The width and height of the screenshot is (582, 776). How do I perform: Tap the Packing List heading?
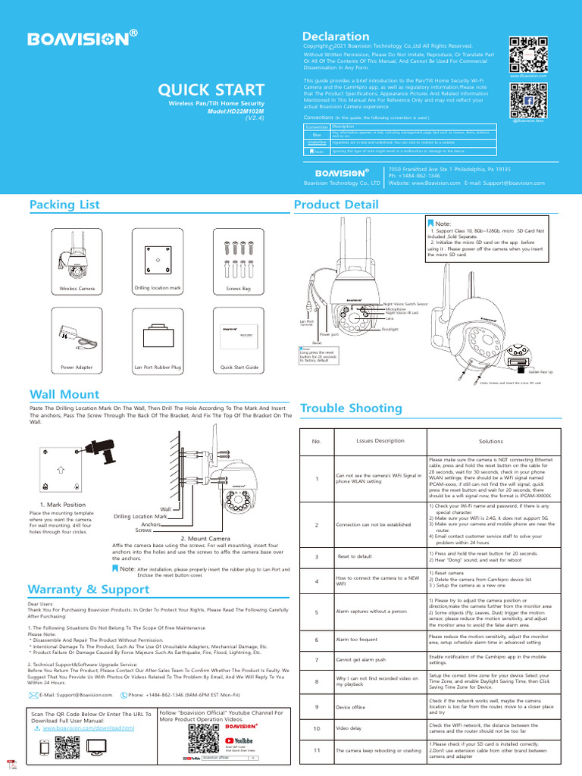[x=64, y=205]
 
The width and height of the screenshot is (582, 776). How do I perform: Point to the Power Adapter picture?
[x=76, y=336]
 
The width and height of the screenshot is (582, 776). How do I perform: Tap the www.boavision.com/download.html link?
[x=89, y=727]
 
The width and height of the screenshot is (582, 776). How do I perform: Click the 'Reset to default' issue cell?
[x=355, y=557]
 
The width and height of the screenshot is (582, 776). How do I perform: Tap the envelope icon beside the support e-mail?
[x=33, y=694]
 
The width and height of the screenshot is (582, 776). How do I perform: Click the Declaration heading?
[x=336, y=36]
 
